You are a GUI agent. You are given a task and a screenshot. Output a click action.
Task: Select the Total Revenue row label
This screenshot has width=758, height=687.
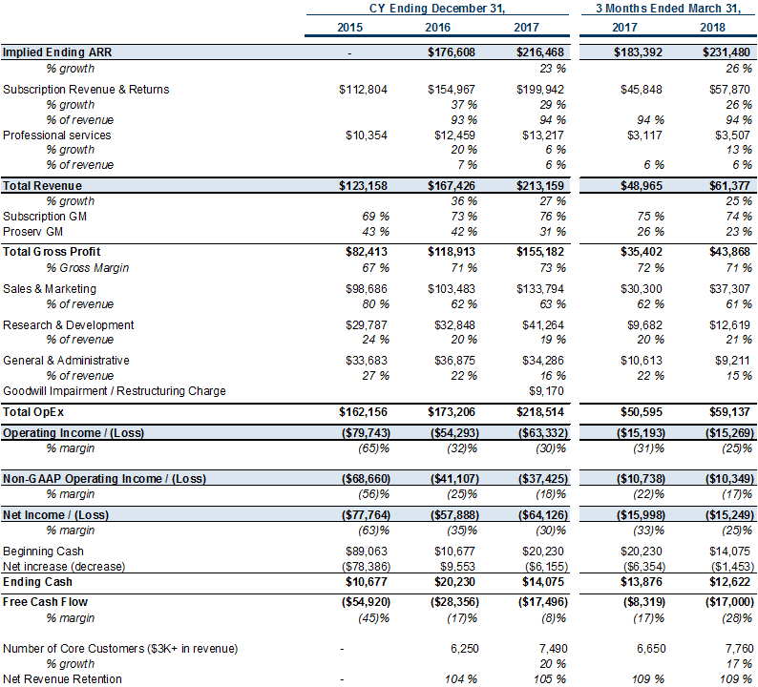pos(43,186)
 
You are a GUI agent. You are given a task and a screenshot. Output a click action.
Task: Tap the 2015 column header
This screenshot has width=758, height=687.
pos(349,28)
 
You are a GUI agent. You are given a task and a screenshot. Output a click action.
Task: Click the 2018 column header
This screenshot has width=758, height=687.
pos(712,28)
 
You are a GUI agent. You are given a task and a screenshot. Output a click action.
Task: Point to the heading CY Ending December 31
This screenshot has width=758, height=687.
pos(437,9)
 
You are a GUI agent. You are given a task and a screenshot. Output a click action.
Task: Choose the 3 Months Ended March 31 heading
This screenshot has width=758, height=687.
pos(668,9)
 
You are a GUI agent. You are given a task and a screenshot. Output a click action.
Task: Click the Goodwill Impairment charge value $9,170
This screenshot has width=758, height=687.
pos(546,391)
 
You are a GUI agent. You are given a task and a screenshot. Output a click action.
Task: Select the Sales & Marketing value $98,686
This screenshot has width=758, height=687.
pos(367,289)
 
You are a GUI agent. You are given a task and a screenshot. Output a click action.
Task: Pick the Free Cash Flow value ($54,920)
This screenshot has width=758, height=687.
pos(366,602)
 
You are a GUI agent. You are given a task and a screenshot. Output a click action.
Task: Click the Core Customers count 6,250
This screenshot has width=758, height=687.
pos(465,648)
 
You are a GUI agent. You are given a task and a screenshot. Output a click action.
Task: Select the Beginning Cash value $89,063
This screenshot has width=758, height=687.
pos(367,552)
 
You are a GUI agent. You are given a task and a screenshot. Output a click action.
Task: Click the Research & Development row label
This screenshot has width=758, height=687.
pos(68,325)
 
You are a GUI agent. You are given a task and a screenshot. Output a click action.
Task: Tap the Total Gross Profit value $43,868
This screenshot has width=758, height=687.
pos(729,252)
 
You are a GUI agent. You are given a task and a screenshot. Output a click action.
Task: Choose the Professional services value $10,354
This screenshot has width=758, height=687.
pos(367,135)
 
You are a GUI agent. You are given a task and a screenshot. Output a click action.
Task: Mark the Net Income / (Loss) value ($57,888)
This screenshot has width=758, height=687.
pos(454,515)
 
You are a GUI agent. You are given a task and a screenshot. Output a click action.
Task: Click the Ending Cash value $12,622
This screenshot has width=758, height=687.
pos(729,582)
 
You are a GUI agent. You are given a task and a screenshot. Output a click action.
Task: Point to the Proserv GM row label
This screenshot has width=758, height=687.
pos(32,232)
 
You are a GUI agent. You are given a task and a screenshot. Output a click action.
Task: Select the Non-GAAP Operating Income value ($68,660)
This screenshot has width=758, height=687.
pos(366,479)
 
